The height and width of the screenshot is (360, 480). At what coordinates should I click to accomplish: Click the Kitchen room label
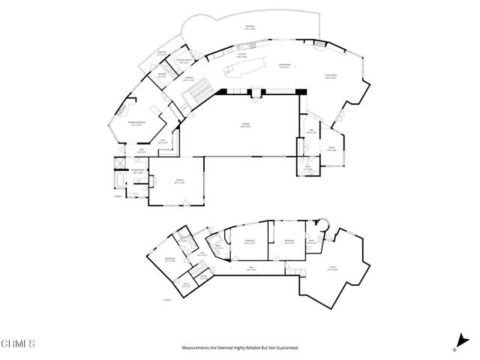[x=241, y=55]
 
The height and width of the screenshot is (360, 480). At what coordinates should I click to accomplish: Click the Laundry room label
[x=161, y=74]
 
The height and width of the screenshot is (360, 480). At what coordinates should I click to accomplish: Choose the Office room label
[x=330, y=147]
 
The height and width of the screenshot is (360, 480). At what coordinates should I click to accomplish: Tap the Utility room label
[x=332, y=268]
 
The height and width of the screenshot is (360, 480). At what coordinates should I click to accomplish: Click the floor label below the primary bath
[x=118, y=196]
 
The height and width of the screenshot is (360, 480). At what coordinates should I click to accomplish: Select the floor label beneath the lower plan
[x=168, y=300]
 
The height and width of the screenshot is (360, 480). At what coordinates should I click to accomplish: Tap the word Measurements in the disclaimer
[x=196, y=348]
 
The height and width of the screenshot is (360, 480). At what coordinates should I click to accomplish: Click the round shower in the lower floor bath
[x=325, y=223]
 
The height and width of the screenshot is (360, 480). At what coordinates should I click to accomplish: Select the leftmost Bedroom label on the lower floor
[x=169, y=259]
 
